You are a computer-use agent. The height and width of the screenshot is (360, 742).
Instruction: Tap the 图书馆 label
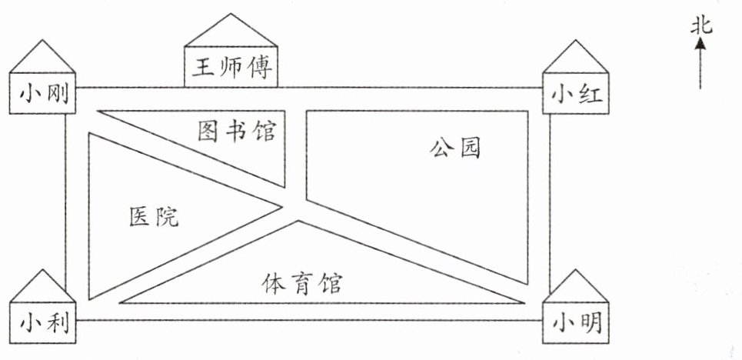coord(236,132)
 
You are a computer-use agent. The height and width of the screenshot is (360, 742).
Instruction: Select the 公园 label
coord(455,148)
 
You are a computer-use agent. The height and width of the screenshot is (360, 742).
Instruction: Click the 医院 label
coord(154,217)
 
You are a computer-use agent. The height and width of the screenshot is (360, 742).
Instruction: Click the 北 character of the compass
coord(700,27)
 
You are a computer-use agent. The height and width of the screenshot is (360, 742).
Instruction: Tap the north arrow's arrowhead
coord(700,45)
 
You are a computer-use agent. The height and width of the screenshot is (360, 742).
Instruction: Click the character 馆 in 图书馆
coord(263,132)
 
